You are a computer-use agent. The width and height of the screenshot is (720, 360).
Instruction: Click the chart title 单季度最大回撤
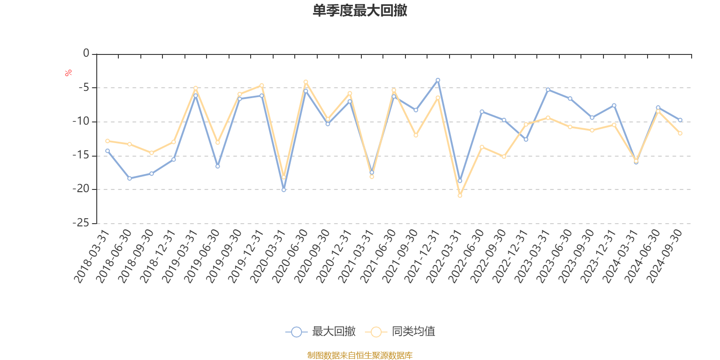click(360, 11)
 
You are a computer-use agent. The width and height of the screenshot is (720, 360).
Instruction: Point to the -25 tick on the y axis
click(81, 223)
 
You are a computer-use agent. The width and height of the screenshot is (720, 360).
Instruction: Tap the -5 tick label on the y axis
click(83, 87)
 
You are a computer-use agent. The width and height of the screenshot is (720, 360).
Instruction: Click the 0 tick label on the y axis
click(86, 54)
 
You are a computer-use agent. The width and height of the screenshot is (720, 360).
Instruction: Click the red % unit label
click(68, 73)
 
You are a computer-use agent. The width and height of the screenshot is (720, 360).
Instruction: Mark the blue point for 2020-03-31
click(283, 190)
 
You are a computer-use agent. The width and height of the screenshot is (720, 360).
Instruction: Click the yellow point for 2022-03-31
click(460, 196)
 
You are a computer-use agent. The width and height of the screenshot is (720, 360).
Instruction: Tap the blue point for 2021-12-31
click(438, 80)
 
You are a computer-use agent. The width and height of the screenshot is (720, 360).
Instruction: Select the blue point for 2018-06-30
click(130, 179)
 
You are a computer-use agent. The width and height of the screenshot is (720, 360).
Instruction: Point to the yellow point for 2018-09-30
click(152, 153)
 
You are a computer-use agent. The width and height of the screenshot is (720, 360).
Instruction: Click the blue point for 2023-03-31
click(548, 90)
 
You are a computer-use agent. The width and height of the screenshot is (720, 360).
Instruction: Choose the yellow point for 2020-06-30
click(306, 81)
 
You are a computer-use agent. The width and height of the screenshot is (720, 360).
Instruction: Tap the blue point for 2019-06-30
click(218, 166)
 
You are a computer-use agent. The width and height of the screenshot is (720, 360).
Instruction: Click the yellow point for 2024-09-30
click(680, 133)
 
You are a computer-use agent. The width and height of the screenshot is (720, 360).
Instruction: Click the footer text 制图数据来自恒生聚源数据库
click(360, 355)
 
